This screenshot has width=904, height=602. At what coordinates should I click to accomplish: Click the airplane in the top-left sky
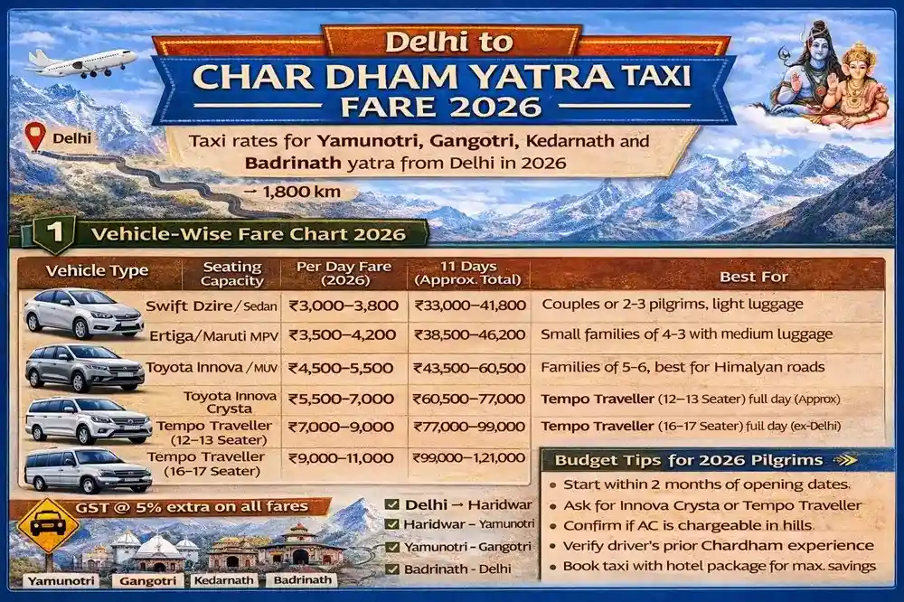[81, 61]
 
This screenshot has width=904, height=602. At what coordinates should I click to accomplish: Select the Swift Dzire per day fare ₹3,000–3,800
[344, 306]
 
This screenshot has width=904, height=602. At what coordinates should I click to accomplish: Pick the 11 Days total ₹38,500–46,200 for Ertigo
[469, 334]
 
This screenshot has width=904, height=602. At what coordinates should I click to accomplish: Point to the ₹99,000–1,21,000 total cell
[469, 458]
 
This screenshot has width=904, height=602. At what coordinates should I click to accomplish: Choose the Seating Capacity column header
[231, 274]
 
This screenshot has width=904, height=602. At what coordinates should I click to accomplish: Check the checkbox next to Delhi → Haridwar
[391, 504]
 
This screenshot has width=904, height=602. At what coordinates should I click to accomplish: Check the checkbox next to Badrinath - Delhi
[391, 569]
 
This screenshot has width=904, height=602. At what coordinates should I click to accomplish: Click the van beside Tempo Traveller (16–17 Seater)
[87, 470]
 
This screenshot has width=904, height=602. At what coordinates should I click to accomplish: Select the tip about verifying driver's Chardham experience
[718, 545]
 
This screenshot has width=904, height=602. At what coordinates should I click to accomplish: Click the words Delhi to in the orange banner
[448, 42]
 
